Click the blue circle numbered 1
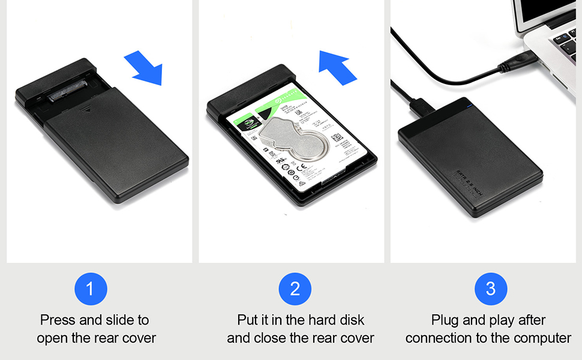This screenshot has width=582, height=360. pos(91,289)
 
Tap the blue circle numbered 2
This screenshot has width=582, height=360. pos(295,289)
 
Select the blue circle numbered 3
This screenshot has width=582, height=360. pos(491,289)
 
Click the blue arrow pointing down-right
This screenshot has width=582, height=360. pos(145,68)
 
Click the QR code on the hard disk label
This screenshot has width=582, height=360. pos(336,137)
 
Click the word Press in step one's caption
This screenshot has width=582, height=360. pos(58,320)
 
